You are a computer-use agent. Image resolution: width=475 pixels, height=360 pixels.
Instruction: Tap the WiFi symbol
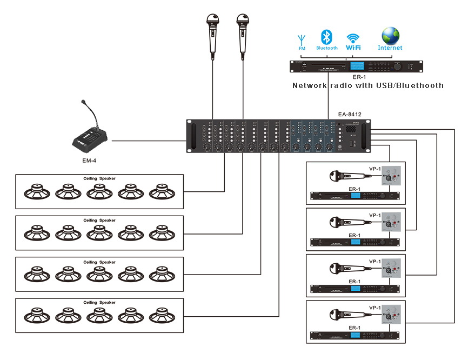coord(353,38)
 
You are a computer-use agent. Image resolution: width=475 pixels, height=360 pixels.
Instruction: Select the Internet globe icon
coord(390,36)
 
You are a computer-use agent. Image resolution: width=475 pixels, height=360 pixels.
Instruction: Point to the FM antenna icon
coord(302,39)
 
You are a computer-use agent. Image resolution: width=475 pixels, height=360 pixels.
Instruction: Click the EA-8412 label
coord(349,114)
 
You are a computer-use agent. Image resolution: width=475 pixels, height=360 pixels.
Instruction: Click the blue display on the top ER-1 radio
coord(357,66)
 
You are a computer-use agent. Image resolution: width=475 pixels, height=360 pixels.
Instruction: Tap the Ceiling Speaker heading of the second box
coord(99,220)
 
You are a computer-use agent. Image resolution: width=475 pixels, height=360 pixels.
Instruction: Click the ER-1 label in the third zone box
coord(354,281)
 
